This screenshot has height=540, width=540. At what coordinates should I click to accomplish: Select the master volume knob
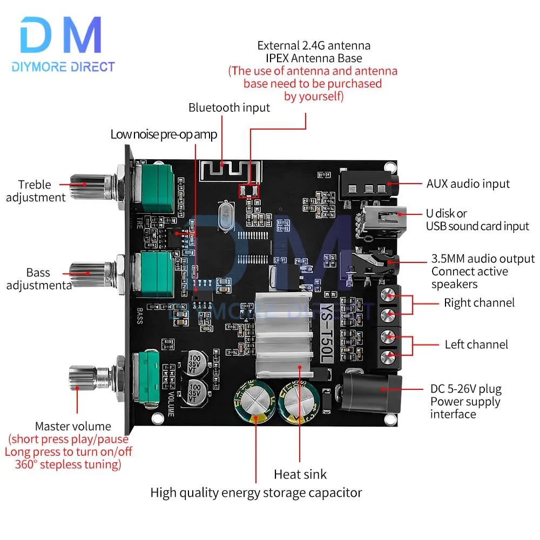[89, 377]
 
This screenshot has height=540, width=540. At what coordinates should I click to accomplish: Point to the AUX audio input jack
[368, 186]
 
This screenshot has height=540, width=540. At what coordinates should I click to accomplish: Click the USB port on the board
[382, 221]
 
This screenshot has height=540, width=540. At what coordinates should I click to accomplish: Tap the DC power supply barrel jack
[372, 393]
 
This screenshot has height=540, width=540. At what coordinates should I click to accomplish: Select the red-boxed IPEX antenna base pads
[248, 191]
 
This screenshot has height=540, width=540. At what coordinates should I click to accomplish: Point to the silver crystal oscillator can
[226, 217]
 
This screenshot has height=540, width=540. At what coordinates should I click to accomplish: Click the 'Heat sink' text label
[300, 475]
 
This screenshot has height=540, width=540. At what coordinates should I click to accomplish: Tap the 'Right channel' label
[479, 303]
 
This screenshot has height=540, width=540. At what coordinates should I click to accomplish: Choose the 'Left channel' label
[476, 345]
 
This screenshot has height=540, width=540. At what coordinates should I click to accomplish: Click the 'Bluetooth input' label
[229, 108]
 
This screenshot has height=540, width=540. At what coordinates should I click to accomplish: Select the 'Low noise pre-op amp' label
[164, 134]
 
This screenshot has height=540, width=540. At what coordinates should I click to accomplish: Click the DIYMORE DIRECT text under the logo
[63, 67]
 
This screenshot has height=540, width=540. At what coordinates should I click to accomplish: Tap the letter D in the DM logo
[36, 35]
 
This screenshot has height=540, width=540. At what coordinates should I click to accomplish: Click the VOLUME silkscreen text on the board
[171, 403]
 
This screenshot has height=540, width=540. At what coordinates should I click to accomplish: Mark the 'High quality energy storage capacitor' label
[256, 493]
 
